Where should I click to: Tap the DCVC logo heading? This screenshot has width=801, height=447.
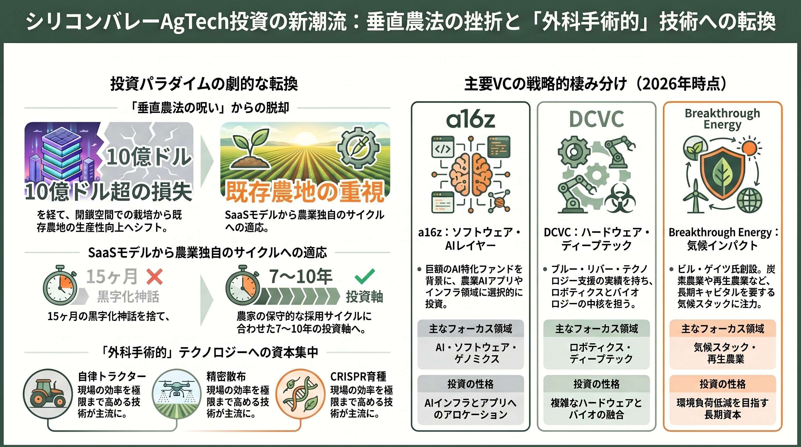point(596,119)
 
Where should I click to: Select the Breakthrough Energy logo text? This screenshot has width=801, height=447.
point(722,119)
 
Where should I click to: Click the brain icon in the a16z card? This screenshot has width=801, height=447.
point(470,174)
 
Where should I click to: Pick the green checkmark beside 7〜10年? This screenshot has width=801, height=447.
point(364,276)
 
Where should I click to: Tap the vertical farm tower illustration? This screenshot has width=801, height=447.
point(59,155)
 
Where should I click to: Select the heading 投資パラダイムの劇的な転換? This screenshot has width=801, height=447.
point(204,84)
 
